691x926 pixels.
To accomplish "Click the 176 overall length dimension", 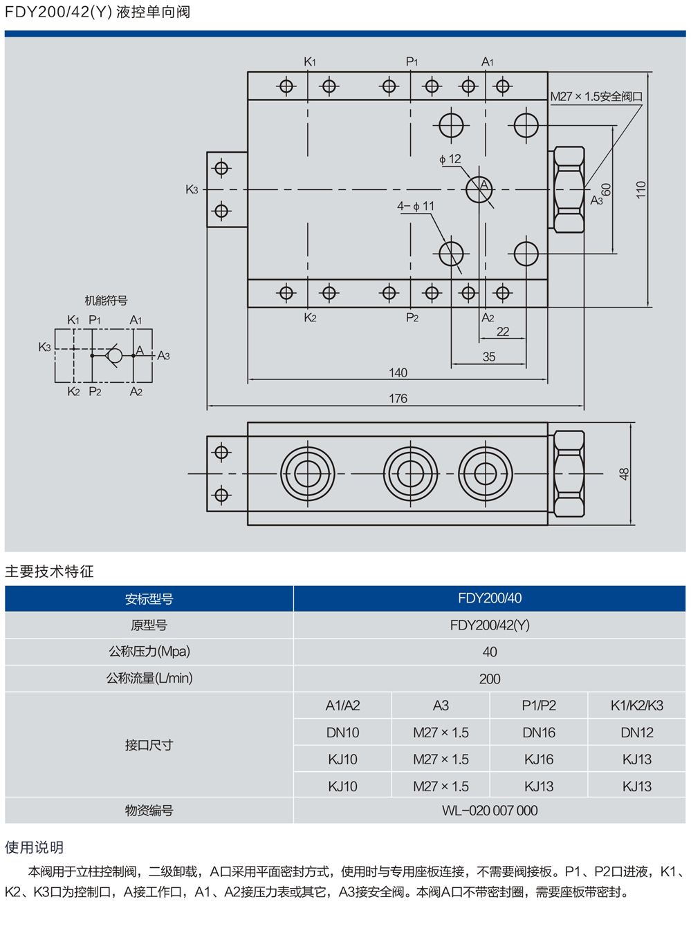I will coord(398,399).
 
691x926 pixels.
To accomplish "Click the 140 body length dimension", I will coord(398,373).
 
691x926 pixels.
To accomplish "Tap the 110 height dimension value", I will coord(641,190).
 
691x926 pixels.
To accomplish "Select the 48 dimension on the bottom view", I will coord(624,474).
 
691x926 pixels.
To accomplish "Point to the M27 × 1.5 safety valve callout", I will coord(596,97).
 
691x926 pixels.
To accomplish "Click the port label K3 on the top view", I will coord(192,189).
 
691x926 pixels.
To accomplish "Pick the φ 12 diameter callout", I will coord(450,159).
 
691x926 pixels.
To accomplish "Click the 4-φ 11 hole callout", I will coord(416,206).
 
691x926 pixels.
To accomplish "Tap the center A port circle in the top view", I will coord(479,189).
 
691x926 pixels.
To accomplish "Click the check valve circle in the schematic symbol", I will coord(115,355).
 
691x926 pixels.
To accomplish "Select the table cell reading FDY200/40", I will coord(490,598).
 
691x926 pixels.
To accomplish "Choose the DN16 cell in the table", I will coord(539,733).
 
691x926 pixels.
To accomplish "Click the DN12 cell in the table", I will coord(637,733).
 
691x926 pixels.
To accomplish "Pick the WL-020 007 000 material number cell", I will coord(490,811).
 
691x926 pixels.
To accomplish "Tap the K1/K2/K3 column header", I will coord(637,706).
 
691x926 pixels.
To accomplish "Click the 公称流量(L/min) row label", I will coord(149,679).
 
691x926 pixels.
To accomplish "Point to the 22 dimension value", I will coord(503,332).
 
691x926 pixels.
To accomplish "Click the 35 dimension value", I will coord(489,357).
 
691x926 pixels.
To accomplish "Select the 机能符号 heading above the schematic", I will coord(106,301).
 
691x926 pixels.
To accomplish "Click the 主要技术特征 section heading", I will coord(49,571).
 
